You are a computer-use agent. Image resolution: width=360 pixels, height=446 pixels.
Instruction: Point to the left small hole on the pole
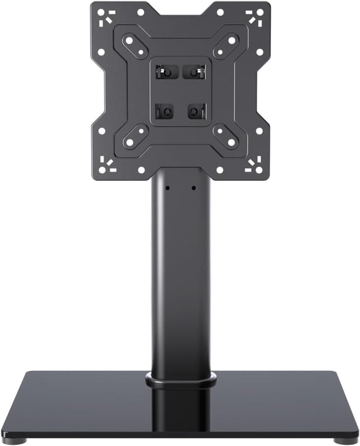pos(167,188)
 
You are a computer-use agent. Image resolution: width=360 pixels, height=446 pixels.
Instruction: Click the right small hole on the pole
pos(193,188)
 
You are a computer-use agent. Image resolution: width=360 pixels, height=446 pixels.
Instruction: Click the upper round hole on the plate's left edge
pos(101,52)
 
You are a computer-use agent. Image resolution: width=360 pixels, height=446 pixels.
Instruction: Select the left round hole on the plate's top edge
pos(141,12)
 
